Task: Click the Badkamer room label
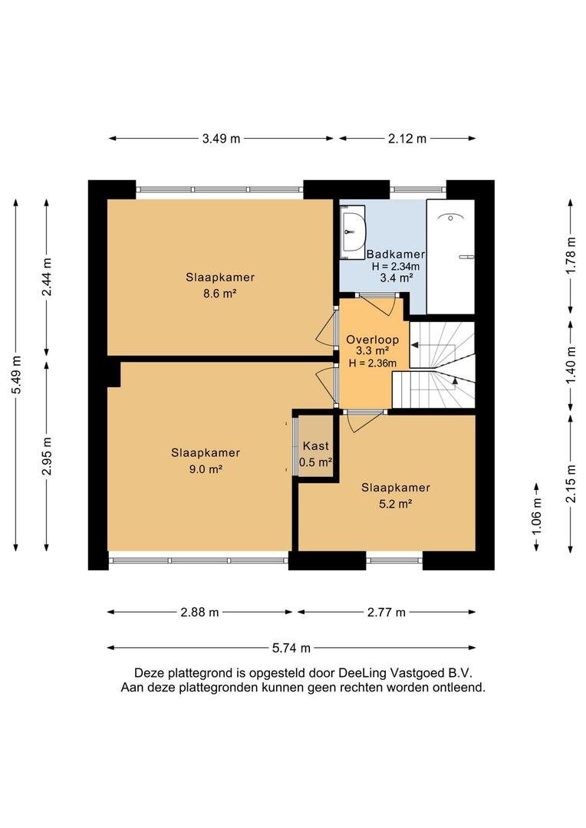click(396, 254)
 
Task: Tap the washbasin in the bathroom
click(353, 230)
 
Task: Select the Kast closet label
click(315, 446)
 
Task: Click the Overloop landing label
click(373, 340)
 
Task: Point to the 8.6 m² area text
click(220, 294)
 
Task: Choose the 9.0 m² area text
click(206, 469)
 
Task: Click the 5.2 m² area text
click(395, 504)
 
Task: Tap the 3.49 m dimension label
click(221, 139)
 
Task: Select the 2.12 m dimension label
click(407, 139)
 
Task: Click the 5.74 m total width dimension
click(291, 648)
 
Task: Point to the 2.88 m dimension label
click(199, 613)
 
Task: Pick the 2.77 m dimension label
click(387, 613)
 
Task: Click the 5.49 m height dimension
click(17, 375)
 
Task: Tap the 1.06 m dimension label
click(537, 517)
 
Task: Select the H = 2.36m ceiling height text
click(373, 363)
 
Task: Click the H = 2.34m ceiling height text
click(396, 267)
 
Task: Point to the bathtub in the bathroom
click(450, 257)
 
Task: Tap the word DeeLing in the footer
click(363, 673)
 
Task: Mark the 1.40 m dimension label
click(571, 366)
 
